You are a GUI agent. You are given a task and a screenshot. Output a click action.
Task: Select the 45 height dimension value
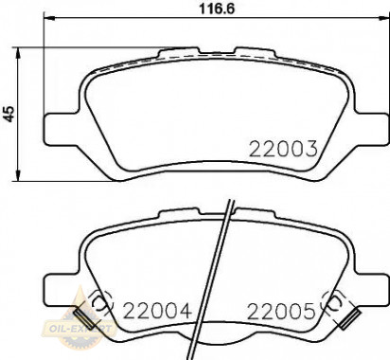(11, 111)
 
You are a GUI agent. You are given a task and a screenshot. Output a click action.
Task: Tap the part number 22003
(281, 148)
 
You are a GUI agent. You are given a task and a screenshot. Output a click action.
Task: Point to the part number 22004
(156, 310)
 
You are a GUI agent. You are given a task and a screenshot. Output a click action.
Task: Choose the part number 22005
(280, 310)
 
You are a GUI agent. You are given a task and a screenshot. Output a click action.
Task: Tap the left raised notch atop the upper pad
(171, 52)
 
